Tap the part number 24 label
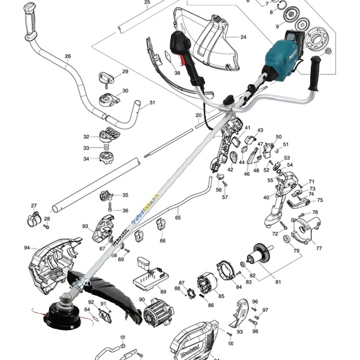243,37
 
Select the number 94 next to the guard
26,248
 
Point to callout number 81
278,282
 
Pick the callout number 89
163,292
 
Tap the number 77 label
319,248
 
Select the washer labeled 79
287,239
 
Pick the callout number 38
177,73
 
